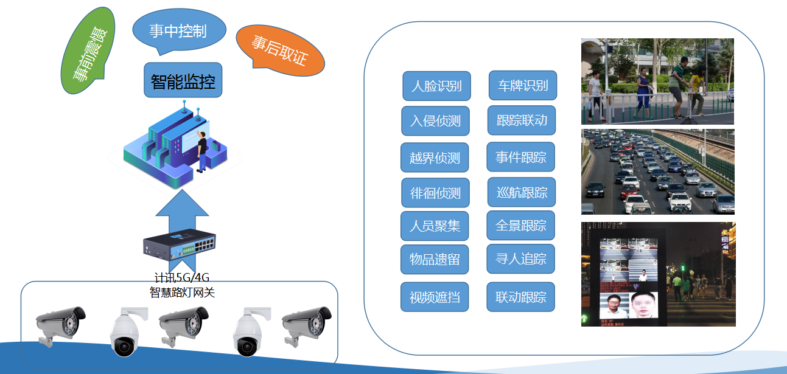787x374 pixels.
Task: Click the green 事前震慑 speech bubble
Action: pos(88,50)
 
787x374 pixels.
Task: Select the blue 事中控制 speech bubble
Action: pos(179,31)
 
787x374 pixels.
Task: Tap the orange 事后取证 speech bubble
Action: pos(281,50)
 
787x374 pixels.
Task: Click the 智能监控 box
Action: pos(183,80)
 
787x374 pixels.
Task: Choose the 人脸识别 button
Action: pos(436,86)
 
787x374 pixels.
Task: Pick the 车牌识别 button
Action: pos(523,85)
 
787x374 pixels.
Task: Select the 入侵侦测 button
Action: pos(436,121)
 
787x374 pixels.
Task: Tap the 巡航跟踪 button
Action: pos(522,192)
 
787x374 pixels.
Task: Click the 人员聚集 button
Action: pos(435,226)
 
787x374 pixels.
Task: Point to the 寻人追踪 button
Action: pos(520,259)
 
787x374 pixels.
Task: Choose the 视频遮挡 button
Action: pos(435,297)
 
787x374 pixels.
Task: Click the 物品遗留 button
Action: pos(435,259)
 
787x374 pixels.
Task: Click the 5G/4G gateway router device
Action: pos(180,244)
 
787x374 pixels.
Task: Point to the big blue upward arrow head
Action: pos(182,204)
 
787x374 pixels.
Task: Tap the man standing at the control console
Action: pos(201,152)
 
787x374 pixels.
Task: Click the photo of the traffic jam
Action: pos(658,171)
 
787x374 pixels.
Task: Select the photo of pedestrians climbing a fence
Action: pos(657,81)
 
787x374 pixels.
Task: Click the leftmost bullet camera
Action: pos(60,325)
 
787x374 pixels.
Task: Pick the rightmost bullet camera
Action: pos(306,325)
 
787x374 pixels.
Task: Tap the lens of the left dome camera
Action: pos(124,347)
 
